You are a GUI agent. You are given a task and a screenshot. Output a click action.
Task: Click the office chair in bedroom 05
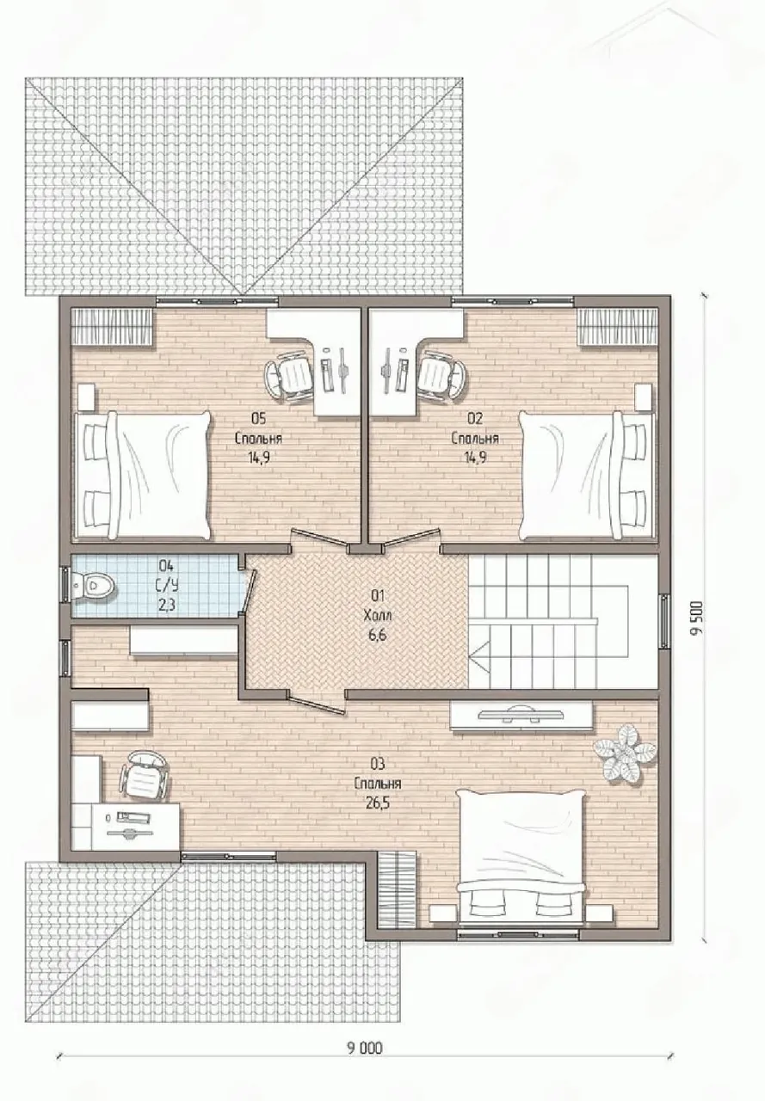[290, 377]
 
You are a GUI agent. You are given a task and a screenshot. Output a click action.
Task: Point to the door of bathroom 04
[250, 591]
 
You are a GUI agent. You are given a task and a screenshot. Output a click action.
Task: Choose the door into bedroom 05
[318, 538]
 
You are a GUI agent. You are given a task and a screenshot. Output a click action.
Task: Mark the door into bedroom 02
[412, 538]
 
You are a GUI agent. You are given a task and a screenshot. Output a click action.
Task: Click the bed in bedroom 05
[143, 475]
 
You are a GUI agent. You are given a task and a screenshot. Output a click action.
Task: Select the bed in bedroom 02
[588, 475]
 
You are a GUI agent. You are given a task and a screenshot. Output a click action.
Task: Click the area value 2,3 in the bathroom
[167, 605]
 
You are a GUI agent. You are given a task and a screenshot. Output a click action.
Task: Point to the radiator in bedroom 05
[112, 326]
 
